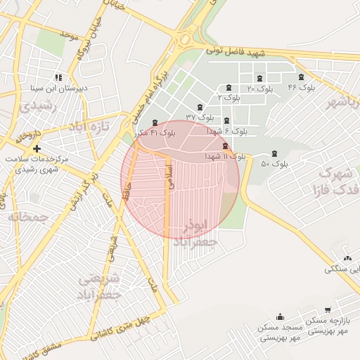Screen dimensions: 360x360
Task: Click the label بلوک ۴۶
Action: [x=302, y=88]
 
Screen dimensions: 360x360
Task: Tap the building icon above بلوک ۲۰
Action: [x=261, y=77]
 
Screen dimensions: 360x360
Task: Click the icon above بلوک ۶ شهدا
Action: [x=226, y=120]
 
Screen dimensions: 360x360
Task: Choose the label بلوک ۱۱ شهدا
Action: [x=225, y=156]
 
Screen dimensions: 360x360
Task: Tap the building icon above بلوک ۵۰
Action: [x=274, y=154]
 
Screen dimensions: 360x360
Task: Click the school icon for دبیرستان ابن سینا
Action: [x=57, y=77]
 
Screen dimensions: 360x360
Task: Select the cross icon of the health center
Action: [x=37, y=148]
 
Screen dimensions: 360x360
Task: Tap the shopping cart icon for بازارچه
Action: [x=328, y=309]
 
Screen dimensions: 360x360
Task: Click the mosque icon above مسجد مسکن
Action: [x=281, y=316]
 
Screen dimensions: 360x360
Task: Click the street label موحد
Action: [x=68, y=34]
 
